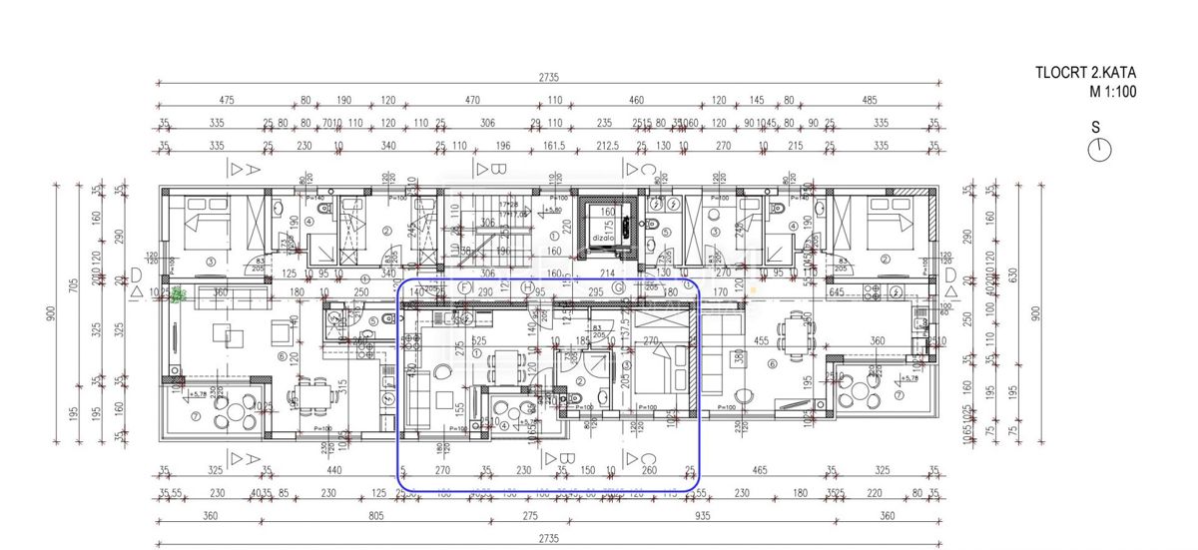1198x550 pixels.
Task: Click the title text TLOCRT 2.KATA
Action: coord(1086,72)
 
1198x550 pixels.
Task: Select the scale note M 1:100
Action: coord(1112,92)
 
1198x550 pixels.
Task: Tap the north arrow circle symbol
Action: coord(1100,150)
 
